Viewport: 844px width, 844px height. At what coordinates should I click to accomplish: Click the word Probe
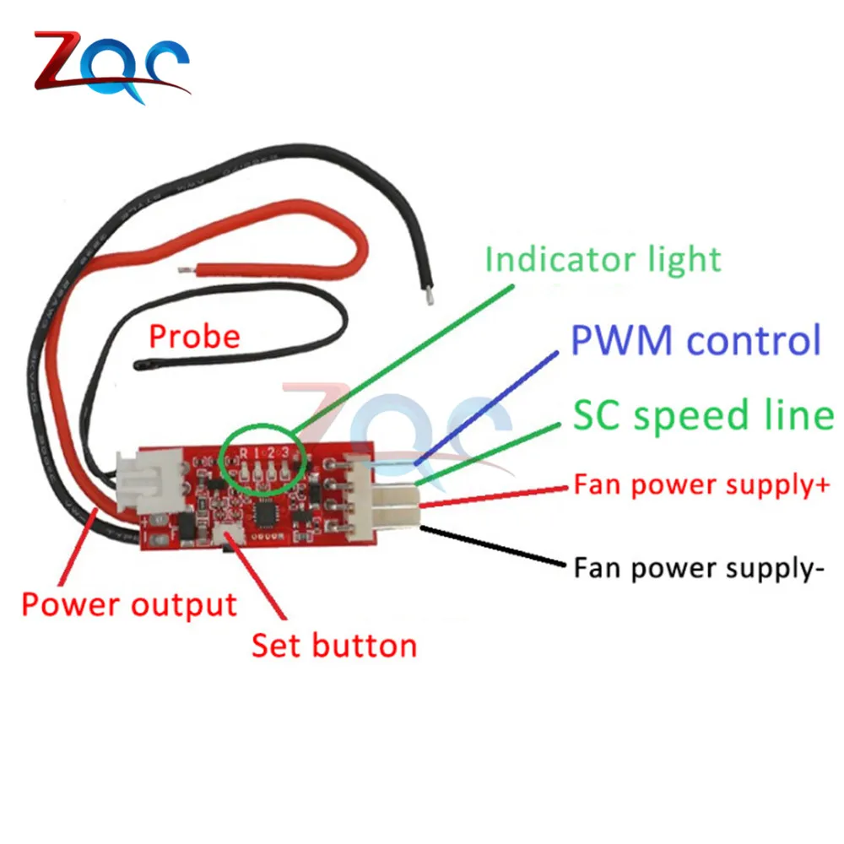(194, 337)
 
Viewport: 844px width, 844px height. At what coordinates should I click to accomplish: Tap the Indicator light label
(603, 259)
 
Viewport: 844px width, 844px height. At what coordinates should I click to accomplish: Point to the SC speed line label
(703, 415)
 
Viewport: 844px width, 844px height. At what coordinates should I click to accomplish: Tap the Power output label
(128, 604)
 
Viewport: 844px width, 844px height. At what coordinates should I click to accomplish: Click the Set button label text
(334, 646)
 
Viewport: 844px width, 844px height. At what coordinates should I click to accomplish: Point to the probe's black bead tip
(140, 365)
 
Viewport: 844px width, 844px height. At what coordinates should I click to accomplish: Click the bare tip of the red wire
(187, 269)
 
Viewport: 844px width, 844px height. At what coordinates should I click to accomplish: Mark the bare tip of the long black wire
(431, 296)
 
